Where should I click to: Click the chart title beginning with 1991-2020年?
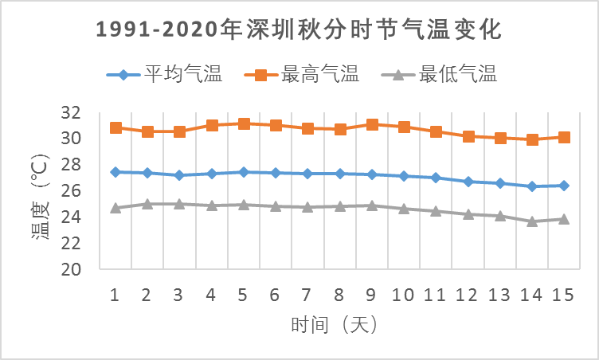[x=299, y=30]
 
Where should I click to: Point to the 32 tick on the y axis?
[x=71, y=112]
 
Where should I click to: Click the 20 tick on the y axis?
[x=71, y=269]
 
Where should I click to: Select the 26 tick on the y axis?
[x=71, y=191]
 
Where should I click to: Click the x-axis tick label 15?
[x=563, y=295]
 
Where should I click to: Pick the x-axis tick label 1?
[x=115, y=295]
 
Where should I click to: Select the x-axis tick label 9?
[x=371, y=295]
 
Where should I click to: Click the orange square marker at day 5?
[x=244, y=123]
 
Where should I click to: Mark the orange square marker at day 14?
[x=531, y=139]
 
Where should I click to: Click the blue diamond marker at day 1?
[x=115, y=172]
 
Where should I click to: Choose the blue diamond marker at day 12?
[x=468, y=182]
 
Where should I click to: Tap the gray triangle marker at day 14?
[x=531, y=221]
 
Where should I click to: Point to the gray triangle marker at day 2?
[x=147, y=204]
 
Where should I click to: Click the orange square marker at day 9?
[x=371, y=124]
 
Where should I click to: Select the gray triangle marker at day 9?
[x=371, y=205]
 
